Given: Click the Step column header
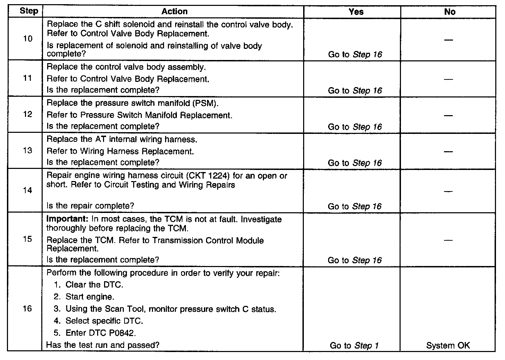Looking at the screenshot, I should click(29, 11).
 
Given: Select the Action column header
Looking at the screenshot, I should click(174, 11).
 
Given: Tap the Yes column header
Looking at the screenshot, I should click(356, 12).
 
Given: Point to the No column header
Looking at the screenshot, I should click(450, 12).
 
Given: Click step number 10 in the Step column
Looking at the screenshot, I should click(28, 38).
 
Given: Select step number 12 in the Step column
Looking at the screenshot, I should click(28, 114).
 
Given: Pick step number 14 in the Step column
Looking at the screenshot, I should click(28, 190).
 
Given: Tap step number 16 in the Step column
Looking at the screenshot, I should click(27, 309).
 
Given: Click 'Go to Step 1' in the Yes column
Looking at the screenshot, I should click(354, 345).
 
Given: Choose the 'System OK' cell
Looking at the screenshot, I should click(448, 345).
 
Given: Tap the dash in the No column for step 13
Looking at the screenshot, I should click(448, 152).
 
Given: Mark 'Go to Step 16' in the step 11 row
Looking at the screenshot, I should click(355, 91).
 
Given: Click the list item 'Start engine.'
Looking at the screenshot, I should click(89, 297).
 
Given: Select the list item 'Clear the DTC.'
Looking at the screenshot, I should click(94, 285).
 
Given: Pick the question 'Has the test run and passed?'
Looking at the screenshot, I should click(103, 345).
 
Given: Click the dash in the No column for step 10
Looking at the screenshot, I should click(448, 40).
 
